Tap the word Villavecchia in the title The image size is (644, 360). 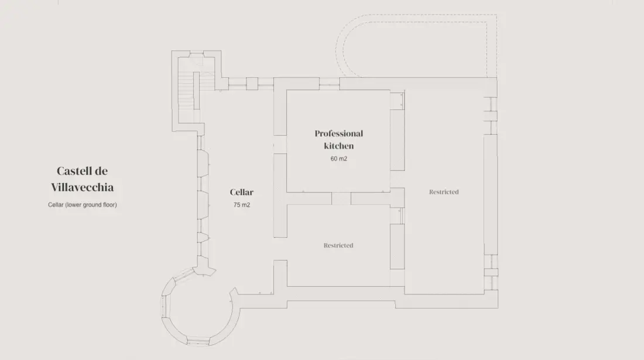coord(82,187)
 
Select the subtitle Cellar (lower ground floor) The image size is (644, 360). coord(82,205)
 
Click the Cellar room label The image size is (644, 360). coord(241,192)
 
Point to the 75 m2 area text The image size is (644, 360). coord(241,205)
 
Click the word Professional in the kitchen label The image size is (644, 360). coord(339,133)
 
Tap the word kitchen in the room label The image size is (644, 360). coord(339,146)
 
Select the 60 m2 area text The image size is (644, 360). coord(339,159)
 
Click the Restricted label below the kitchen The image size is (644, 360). coord(338,245)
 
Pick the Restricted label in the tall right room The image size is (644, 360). coord(444,191)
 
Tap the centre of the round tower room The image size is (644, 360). coord(200,306)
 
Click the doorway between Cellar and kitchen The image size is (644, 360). coord(280,145)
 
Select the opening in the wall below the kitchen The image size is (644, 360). coord(341,198)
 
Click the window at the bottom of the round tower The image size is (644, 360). coord(198,341)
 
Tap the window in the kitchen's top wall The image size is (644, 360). coord(330,84)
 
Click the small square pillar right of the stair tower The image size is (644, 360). coord(252,84)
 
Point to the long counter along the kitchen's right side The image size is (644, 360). coord(397,140)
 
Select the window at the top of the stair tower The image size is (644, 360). coord(196,54)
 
